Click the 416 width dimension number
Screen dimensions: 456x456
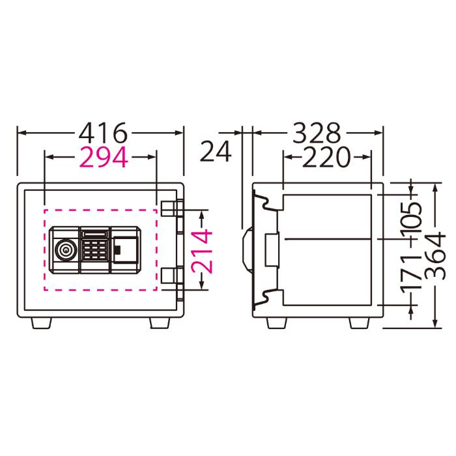103,133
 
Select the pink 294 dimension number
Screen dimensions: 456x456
104,158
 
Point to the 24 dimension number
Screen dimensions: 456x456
216,151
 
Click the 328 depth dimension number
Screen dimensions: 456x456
317,133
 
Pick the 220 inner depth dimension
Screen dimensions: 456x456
326,158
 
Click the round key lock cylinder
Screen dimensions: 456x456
66,250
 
